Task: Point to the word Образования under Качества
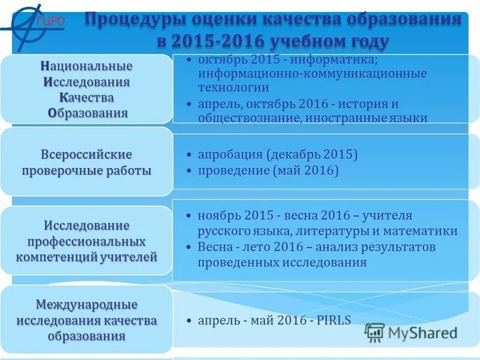click(88, 113)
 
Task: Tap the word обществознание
click(248, 118)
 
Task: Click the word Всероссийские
click(86, 154)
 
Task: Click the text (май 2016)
click(305, 171)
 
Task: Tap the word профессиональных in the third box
click(86, 242)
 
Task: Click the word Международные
click(87, 305)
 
